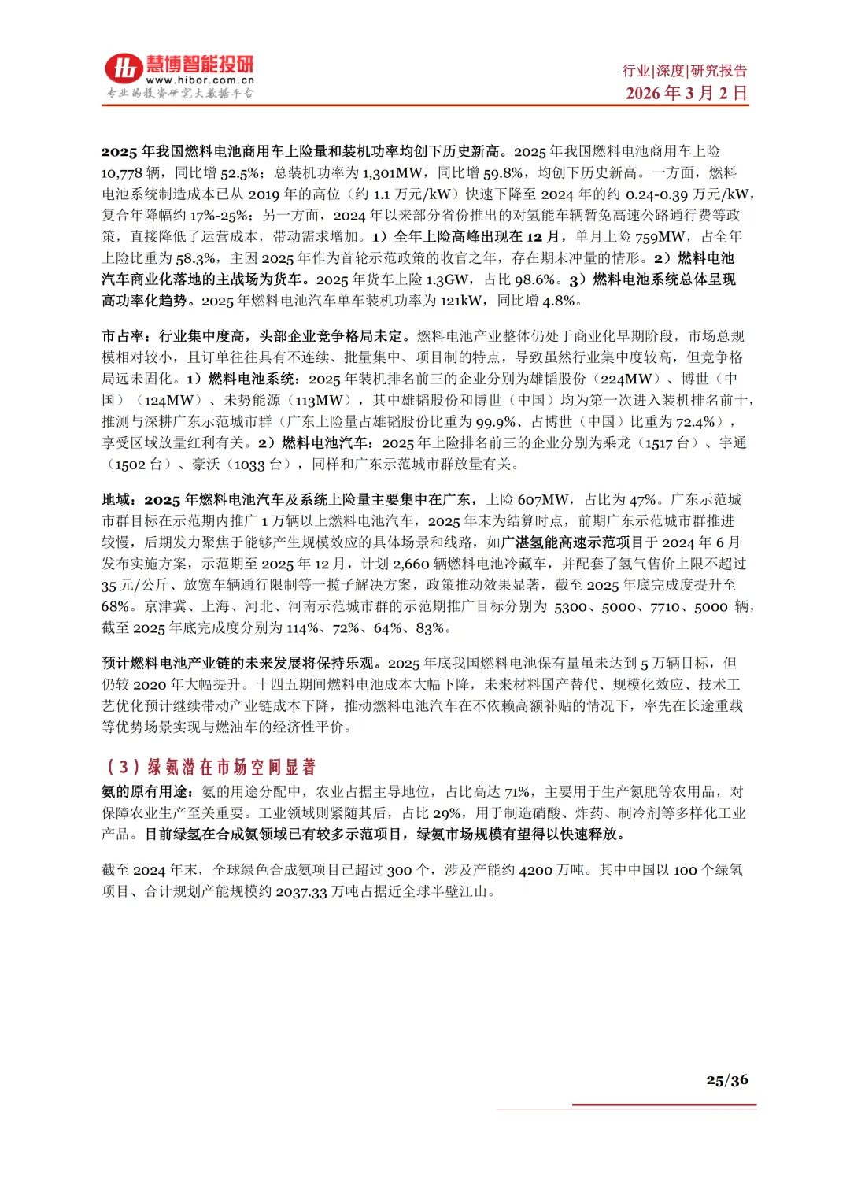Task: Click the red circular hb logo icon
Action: coord(124,69)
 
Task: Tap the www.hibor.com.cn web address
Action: coord(200,80)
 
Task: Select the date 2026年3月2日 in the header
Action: coord(686,93)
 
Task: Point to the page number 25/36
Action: coord(726,1080)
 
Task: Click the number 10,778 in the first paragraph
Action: coord(121,172)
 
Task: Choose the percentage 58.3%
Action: coord(196,258)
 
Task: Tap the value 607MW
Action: coord(543,500)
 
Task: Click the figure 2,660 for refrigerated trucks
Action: coord(411,564)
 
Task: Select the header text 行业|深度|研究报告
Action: coord(685,71)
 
